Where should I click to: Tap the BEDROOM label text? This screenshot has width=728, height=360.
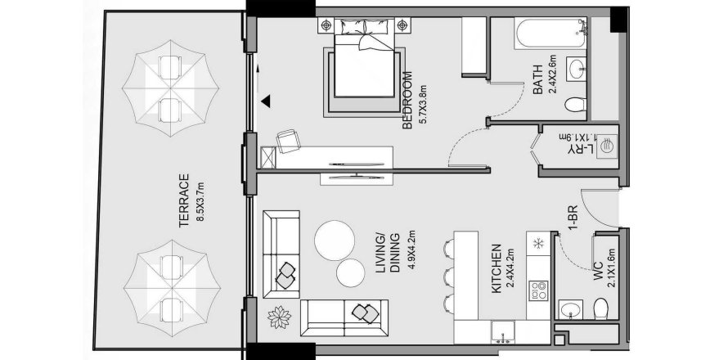tap(407, 101)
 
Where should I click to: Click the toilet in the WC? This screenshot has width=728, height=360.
tap(601, 308)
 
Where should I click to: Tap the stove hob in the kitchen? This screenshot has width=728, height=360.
tap(539, 290)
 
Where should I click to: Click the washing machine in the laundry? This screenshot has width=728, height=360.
tap(606, 148)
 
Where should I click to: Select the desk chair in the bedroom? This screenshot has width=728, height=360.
tap(288, 142)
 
